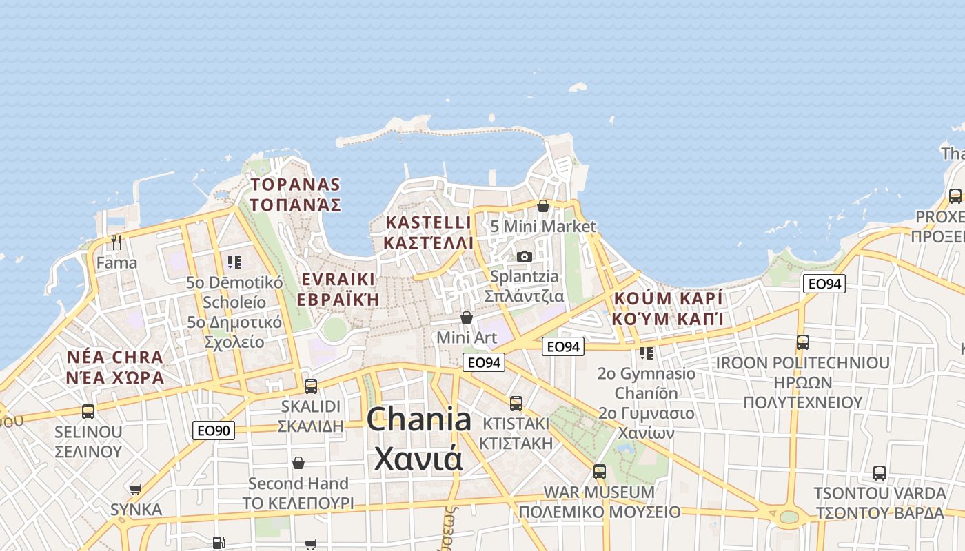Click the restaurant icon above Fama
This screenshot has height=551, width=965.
tap(116, 242)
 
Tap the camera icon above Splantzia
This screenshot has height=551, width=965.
tap(525, 256)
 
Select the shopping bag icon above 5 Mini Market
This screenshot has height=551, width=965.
tap(543, 206)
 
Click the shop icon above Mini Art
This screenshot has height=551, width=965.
tap(467, 318)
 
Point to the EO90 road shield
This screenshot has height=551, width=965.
tap(214, 431)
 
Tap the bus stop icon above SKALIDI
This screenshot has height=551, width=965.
tap(311, 386)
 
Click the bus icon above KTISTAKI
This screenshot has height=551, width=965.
tap(516, 404)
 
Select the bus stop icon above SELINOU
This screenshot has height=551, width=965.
tap(88, 412)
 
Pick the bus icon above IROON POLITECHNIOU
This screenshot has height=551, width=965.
tap(803, 342)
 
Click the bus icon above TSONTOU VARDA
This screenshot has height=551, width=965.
tap(880, 473)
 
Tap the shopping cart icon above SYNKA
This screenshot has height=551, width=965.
tap(136, 490)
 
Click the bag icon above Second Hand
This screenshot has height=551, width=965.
tap(298, 463)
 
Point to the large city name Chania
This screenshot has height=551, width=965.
tap(419, 419)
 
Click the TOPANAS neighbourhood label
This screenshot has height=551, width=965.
tap(296, 185)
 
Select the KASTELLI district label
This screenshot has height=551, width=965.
tap(429, 222)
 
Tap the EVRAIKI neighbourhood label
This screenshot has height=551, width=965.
tap(338, 279)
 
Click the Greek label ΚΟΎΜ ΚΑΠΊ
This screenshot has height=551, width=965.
tap(667, 319)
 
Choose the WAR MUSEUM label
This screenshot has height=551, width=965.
tap(599, 492)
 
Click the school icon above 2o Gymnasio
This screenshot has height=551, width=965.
tap(646, 353)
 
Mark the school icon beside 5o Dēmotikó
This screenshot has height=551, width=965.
tap(234, 262)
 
